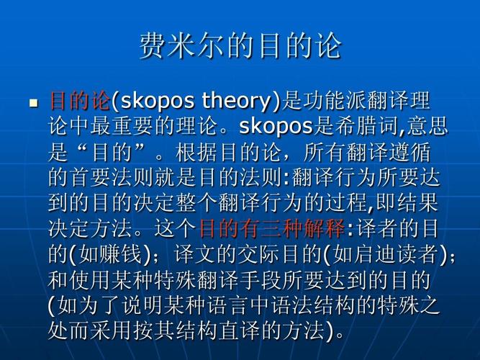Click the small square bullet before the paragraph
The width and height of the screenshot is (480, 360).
[33, 103]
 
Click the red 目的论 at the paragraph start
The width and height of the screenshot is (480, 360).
[79, 101]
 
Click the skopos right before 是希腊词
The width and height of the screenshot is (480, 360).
[276, 126]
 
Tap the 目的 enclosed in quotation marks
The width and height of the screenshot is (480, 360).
[112, 152]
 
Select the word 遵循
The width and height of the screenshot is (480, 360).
[410, 152]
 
